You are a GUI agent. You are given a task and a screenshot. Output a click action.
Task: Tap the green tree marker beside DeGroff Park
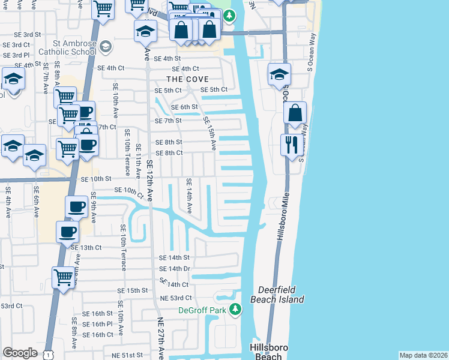236,309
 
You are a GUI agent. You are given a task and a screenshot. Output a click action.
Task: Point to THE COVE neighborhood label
187,79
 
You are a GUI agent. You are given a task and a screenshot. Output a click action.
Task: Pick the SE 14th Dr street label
175,269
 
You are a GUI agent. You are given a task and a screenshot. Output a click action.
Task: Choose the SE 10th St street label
97,179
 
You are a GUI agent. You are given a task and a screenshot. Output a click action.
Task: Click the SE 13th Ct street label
86,247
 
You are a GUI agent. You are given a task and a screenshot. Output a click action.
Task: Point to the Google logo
20,353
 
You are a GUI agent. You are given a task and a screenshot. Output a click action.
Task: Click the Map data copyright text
423,355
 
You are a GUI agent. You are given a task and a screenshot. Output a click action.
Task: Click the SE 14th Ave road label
188,196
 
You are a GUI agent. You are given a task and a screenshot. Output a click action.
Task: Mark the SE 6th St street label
184,107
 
